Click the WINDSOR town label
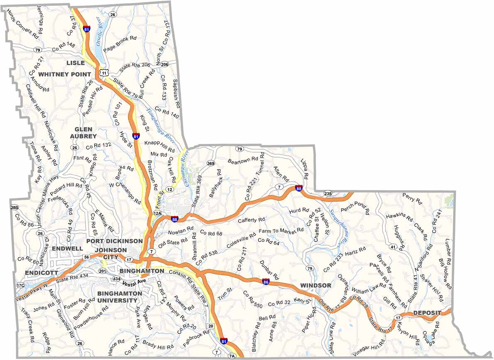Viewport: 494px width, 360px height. [x=315, y=286]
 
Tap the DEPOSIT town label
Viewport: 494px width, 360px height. [x=427, y=313]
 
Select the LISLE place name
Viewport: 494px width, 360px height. [x=75, y=63]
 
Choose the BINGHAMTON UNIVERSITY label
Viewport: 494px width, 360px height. [x=120, y=297]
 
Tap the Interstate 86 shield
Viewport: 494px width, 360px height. [x=266, y=282]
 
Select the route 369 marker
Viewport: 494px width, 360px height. [x=210, y=163]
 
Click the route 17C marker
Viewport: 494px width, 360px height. [x=20, y=285]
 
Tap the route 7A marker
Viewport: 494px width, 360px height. [x=232, y=356]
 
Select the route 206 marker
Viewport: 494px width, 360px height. [x=165, y=64]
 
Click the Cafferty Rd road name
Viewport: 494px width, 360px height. [x=251, y=220]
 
